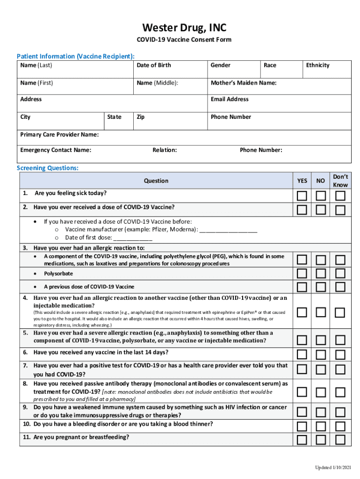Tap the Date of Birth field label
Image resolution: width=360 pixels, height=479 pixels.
tap(153, 65)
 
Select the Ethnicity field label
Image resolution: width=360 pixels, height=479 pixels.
tap(317, 65)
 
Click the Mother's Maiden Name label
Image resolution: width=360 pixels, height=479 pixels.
tap(243, 83)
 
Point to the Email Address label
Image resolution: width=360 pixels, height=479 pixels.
tap(229, 99)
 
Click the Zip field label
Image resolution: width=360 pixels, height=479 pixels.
tap(140, 117)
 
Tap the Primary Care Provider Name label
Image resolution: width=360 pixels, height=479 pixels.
tap(59, 135)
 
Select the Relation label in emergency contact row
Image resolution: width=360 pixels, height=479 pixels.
tap(165, 150)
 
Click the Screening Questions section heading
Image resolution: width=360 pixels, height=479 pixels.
tap(48, 168)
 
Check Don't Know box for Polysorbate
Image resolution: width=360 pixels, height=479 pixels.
tap(340, 273)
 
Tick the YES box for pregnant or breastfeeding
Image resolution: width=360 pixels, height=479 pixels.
tap(302, 439)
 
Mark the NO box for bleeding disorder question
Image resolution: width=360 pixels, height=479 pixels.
tap(321, 426)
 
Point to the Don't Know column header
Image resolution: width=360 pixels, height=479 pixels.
tap(340, 181)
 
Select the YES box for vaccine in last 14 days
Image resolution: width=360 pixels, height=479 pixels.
tap(302, 354)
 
